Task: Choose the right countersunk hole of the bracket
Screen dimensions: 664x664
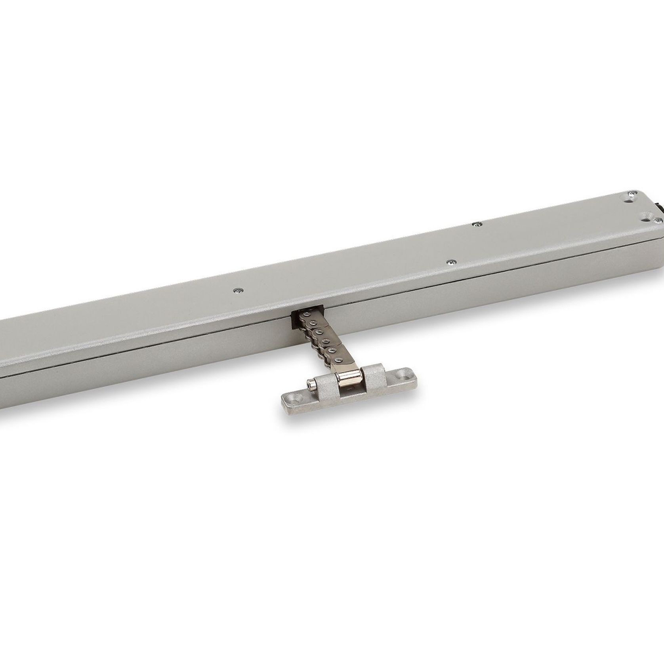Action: click(405, 373)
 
